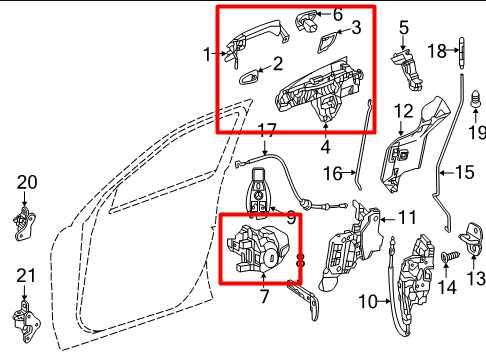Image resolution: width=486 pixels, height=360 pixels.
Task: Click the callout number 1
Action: point(207,54)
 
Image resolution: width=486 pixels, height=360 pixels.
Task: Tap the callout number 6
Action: point(337,14)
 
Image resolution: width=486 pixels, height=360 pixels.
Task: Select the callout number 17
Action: point(267,129)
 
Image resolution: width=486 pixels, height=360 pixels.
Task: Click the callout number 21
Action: point(26,274)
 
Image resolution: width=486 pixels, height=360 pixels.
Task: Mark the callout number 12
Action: point(403,110)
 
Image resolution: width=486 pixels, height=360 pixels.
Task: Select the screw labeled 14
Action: point(446,259)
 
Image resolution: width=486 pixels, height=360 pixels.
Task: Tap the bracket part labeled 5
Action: point(404,69)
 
